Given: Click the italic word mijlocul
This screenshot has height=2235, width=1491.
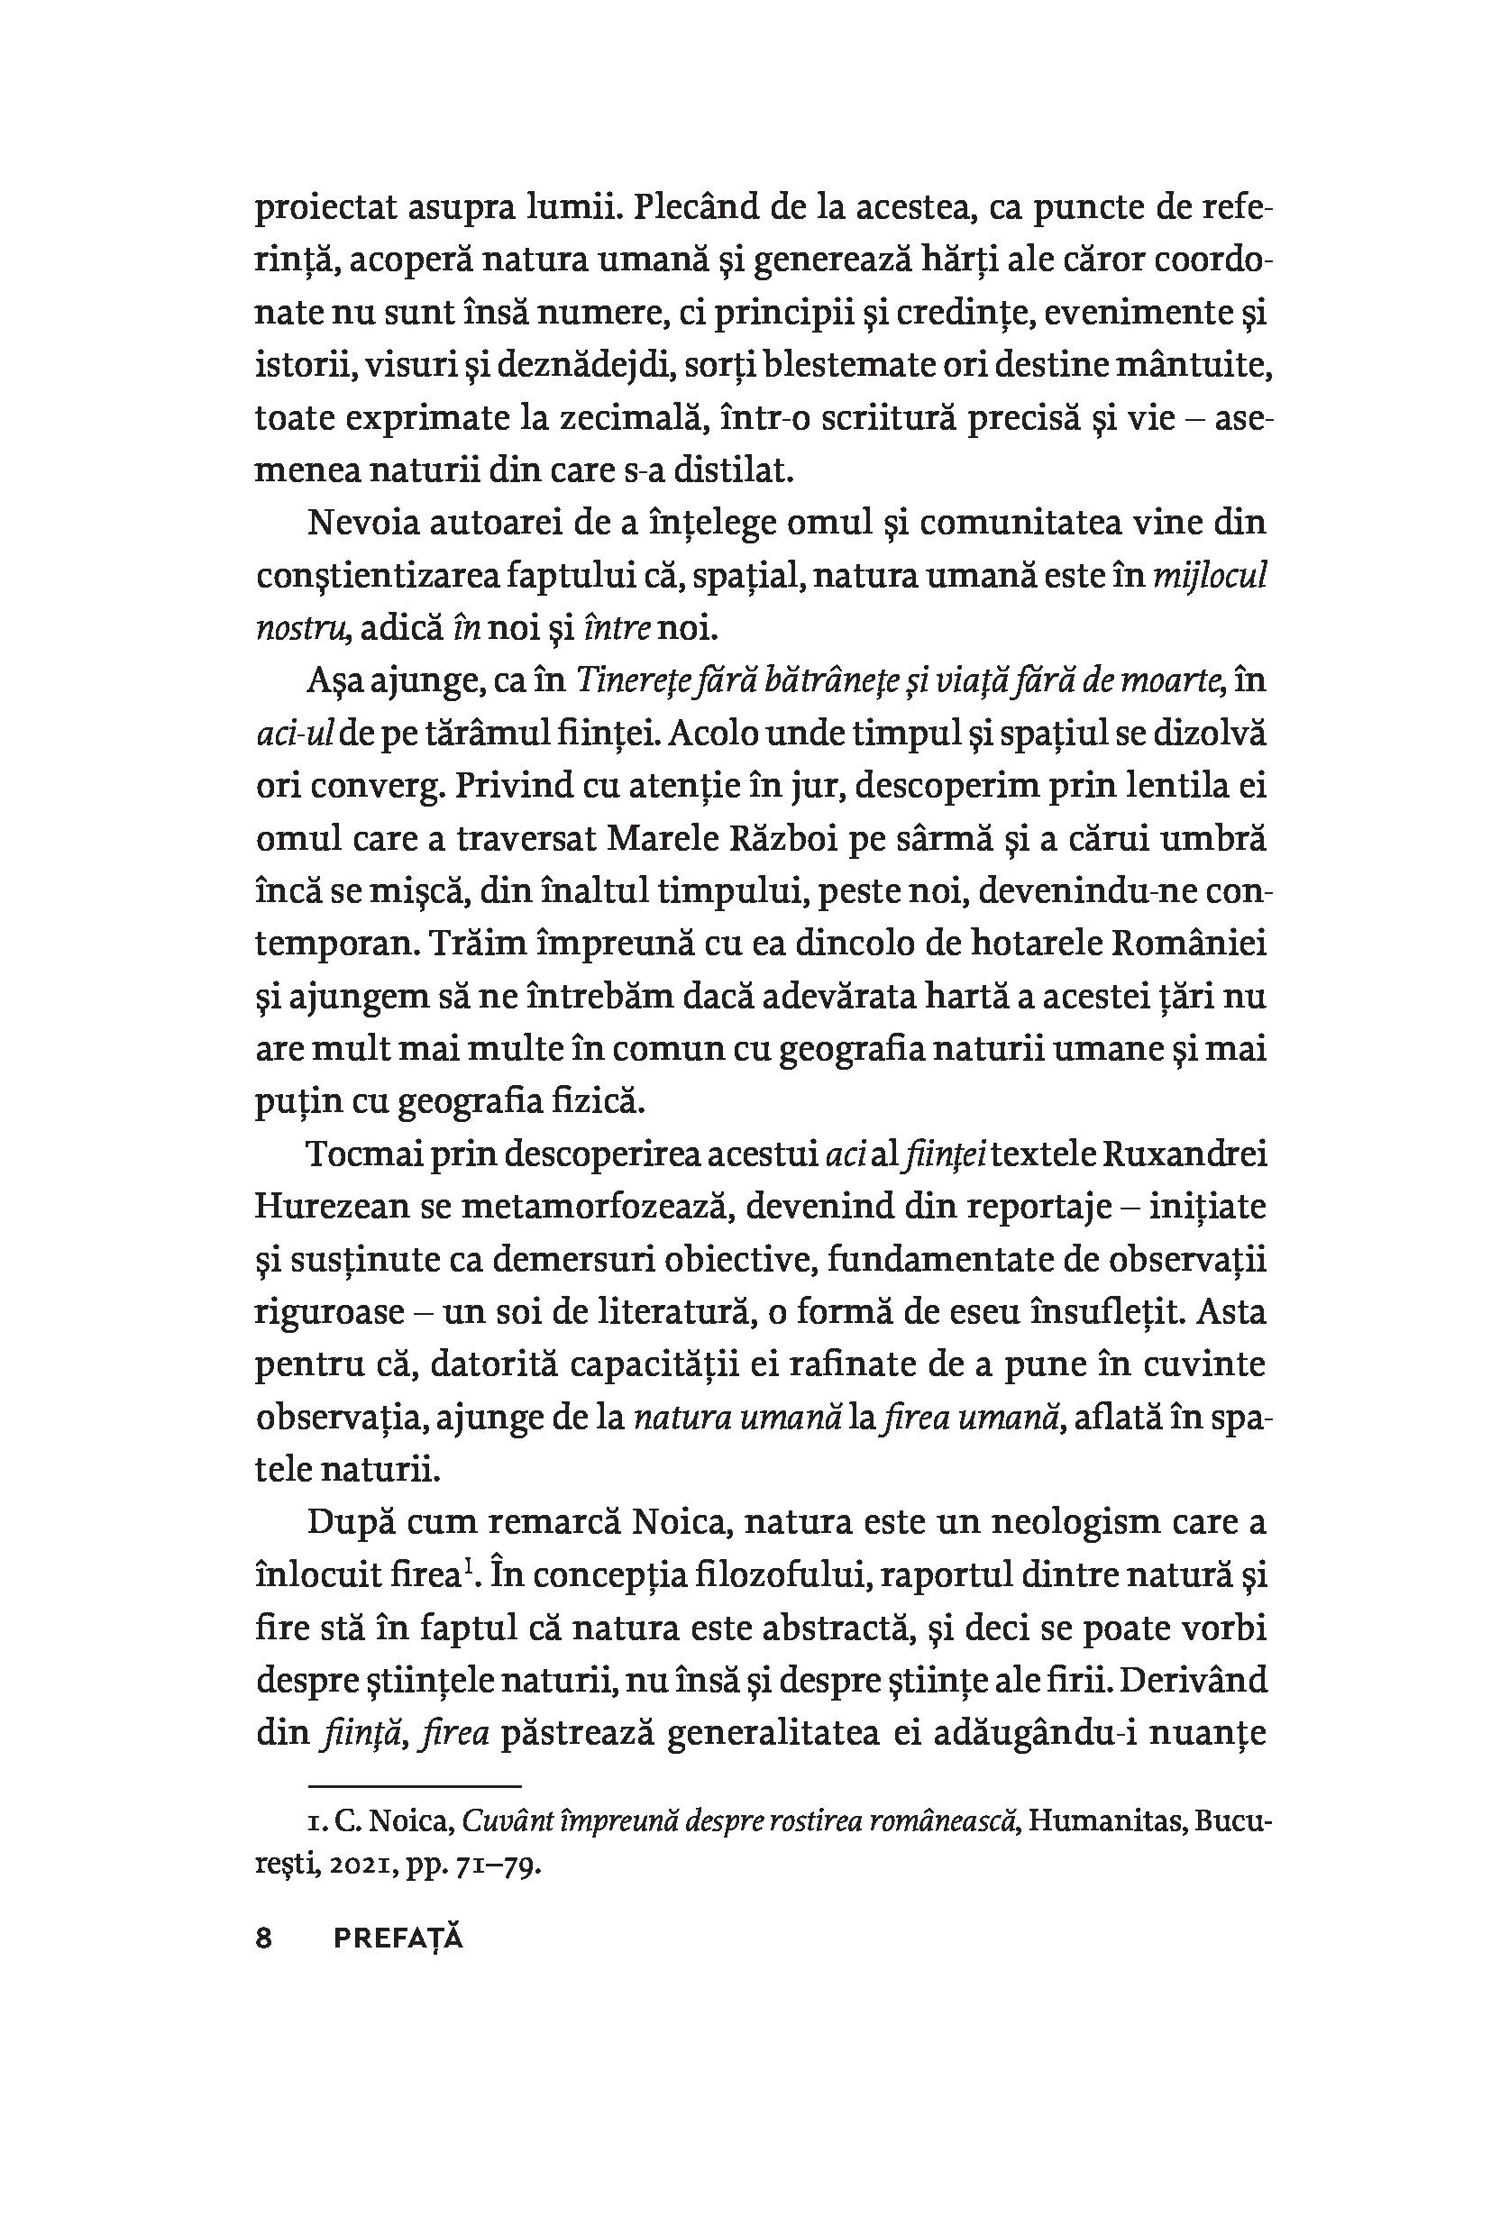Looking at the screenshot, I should [x=1210, y=576].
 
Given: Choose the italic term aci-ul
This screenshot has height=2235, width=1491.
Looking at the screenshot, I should [x=294, y=734].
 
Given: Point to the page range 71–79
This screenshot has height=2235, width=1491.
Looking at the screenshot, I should [x=499, y=1866].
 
